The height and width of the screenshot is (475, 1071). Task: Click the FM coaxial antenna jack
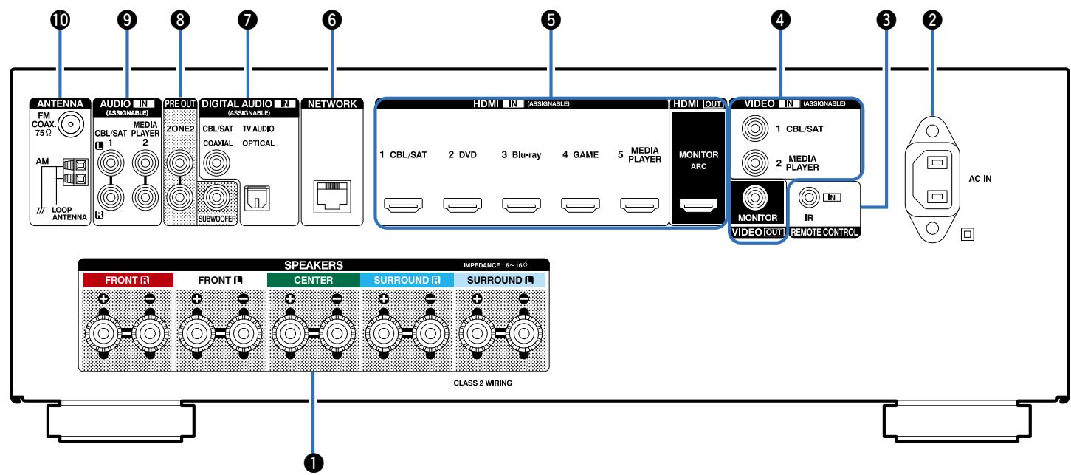[71, 124]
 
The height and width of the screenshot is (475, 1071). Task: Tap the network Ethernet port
[332, 197]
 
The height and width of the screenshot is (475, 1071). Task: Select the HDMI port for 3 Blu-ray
[521, 205]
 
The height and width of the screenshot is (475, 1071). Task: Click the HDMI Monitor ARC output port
[698, 205]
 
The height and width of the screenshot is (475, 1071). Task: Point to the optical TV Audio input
[257, 198]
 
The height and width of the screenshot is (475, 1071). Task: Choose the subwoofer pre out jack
[216, 197]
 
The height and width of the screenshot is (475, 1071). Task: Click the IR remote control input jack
[809, 197]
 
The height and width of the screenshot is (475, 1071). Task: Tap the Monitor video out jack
[755, 197]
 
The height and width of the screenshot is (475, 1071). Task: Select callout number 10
[61, 20]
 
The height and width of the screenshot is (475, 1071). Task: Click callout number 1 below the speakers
[314, 462]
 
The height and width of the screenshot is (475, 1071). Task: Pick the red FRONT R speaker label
[128, 280]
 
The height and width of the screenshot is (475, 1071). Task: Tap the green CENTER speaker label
[313, 280]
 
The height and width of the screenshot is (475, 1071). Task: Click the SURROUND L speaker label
[500, 280]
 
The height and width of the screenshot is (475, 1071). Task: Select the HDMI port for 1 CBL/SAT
[404, 205]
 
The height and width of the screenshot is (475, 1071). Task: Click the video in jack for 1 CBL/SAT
[755, 129]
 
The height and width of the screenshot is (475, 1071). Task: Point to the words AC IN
[980, 179]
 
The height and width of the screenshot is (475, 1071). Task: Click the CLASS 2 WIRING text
[483, 383]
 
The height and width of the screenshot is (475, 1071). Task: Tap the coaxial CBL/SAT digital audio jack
[216, 163]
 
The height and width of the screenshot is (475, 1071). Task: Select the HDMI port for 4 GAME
[580, 205]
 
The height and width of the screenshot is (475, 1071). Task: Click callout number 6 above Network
[332, 20]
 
